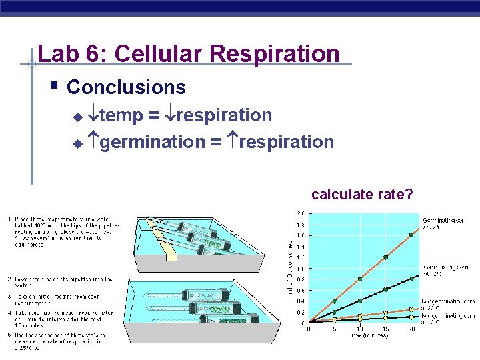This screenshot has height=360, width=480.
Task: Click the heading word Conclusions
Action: [x=126, y=87]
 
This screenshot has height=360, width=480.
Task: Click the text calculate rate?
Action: [x=362, y=195]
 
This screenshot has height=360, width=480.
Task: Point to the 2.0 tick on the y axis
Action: [x=301, y=213]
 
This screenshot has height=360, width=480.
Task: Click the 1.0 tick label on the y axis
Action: [x=301, y=268]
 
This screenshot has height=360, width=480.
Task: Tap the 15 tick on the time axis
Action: [x=385, y=329]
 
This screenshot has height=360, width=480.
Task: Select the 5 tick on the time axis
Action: [x=334, y=329]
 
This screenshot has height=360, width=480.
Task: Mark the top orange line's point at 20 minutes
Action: [x=411, y=234]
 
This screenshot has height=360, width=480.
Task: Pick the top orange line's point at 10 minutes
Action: [x=360, y=279]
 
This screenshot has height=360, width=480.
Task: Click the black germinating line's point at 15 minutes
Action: [x=386, y=289]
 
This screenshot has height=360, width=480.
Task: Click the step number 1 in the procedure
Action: [x=9, y=219]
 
